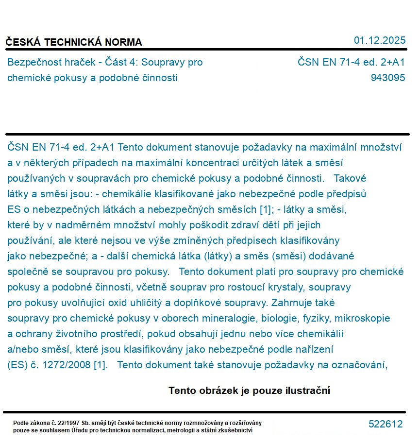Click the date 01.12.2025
[x=379, y=40]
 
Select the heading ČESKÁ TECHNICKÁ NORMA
[x=74, y=42]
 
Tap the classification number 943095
[x=387, y=78]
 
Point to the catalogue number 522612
[x=386, y=424]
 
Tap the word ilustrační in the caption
[x=306, y=391]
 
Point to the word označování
[x=358, y=365]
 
